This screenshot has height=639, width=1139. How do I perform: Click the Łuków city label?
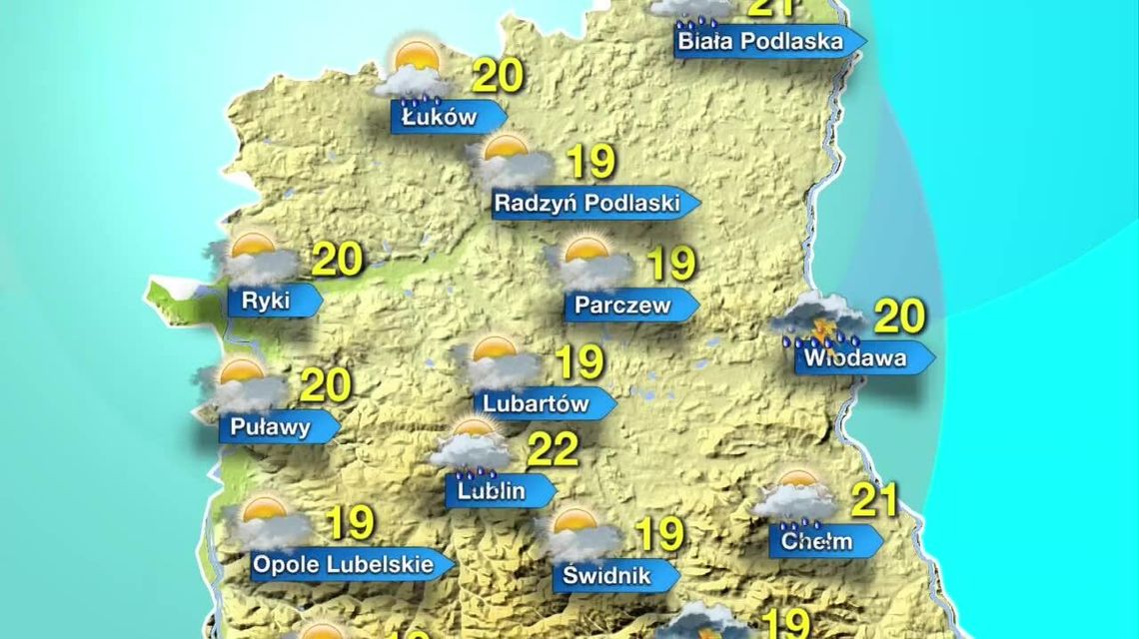(x=441, y=117)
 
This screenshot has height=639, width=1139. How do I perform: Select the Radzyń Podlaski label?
(x=587, y=204)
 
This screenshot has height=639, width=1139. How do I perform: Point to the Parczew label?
(x=622, y=306)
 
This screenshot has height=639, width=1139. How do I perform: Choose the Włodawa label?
(x=856, y=357)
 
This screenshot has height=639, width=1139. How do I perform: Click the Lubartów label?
(x=537, y=404)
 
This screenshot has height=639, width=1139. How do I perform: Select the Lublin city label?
(x=492, y=490)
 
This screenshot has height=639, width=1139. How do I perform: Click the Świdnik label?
(x=606, y=576)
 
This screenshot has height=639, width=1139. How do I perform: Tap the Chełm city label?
(x=817, y=542)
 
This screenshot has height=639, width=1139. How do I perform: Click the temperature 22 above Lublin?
(x=553, y=450)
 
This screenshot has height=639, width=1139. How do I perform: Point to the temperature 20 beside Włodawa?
(x=899, y=317)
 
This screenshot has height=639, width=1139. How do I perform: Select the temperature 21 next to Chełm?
(x=874, y=500)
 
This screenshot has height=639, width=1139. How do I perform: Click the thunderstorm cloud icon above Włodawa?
(x=820, y=320)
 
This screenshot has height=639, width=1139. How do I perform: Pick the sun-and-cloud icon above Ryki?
(x=256, y=259)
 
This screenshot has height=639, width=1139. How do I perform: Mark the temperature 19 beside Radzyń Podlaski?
(x=590, y=163)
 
